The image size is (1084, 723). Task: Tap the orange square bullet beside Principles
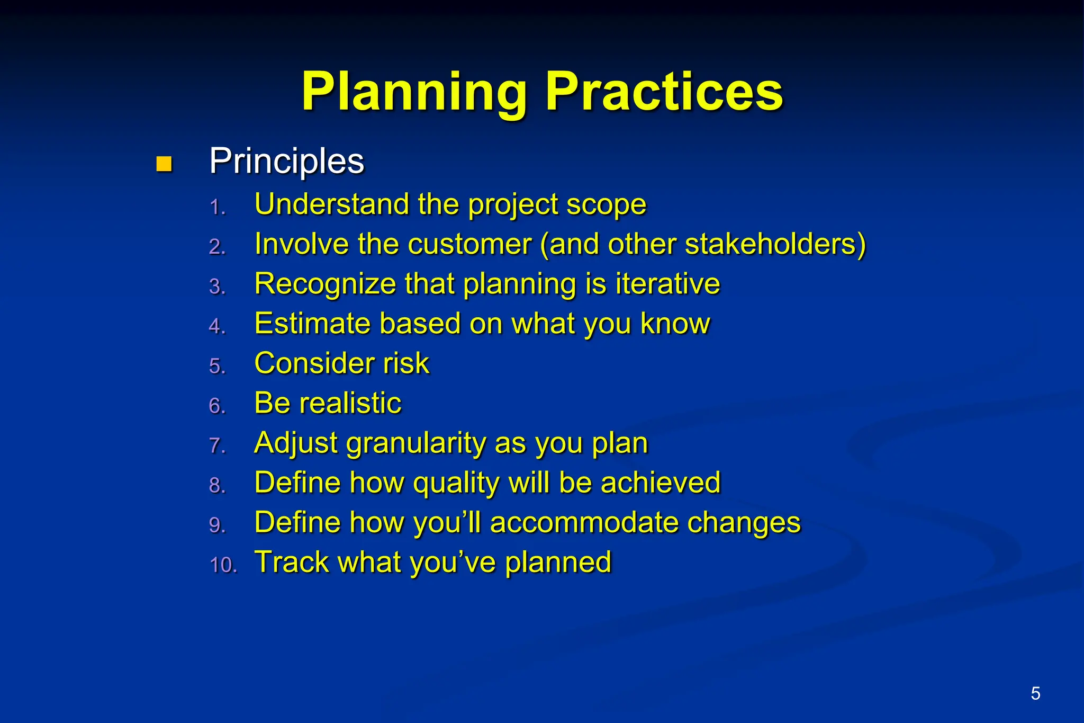click(x=164, y=164)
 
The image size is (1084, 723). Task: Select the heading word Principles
click(x=286, y=161)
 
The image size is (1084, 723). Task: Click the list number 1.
click(x=217, y=207)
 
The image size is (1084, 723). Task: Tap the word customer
click(x=469, y=244)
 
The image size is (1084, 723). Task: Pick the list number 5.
click(x=217, y=366)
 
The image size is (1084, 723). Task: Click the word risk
click(x=406, y=363)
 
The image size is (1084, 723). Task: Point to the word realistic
click(x=350, y=403)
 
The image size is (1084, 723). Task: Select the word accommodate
click(x=584, y=522)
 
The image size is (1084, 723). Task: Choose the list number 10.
click(x=223, y=565)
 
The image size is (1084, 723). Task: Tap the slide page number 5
click(x=1035, y=693)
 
